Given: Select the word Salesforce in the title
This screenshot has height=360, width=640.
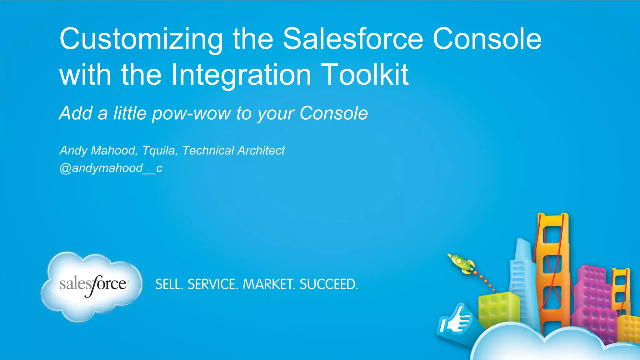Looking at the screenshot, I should [x=353, y=39].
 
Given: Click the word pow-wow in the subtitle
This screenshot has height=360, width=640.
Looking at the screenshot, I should [x=191, y=113].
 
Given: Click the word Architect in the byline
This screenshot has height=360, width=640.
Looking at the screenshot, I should [x=261, y=151].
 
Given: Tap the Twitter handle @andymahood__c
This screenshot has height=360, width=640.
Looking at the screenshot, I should [x=111, y=168].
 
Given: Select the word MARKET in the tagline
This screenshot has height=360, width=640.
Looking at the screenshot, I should [x=269, y=284].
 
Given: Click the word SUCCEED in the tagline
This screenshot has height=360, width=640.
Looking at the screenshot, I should [x=328, y=284].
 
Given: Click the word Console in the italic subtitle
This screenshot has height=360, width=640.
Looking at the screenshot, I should [x=333, y=113].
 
